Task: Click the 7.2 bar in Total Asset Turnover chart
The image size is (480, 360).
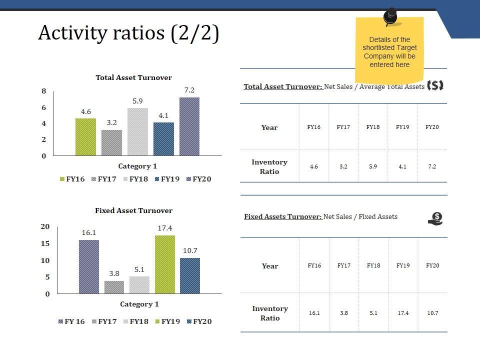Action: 189,126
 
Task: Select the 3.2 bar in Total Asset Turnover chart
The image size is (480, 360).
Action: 111,142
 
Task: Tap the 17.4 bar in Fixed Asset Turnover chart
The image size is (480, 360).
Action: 165,264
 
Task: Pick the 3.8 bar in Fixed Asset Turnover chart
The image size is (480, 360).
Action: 114,287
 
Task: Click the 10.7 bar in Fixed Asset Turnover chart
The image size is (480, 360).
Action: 190,275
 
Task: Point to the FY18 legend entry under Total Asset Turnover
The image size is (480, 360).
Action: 135,179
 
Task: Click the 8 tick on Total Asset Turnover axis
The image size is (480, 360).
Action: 44,91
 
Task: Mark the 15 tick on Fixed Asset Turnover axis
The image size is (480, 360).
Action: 45,243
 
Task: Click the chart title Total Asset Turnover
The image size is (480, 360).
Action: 133,77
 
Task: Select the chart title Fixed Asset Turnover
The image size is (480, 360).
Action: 133,210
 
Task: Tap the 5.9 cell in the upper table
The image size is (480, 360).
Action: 373,166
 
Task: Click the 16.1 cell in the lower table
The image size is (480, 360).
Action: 314,313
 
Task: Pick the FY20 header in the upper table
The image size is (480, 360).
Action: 432,127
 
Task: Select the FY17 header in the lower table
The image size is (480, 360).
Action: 343,265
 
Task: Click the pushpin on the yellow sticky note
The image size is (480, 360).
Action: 390,16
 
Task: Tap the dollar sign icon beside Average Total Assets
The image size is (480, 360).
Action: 436,85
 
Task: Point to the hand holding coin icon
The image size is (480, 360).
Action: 436,218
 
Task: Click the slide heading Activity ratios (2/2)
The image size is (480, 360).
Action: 128,33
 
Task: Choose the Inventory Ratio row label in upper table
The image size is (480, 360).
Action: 269,166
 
